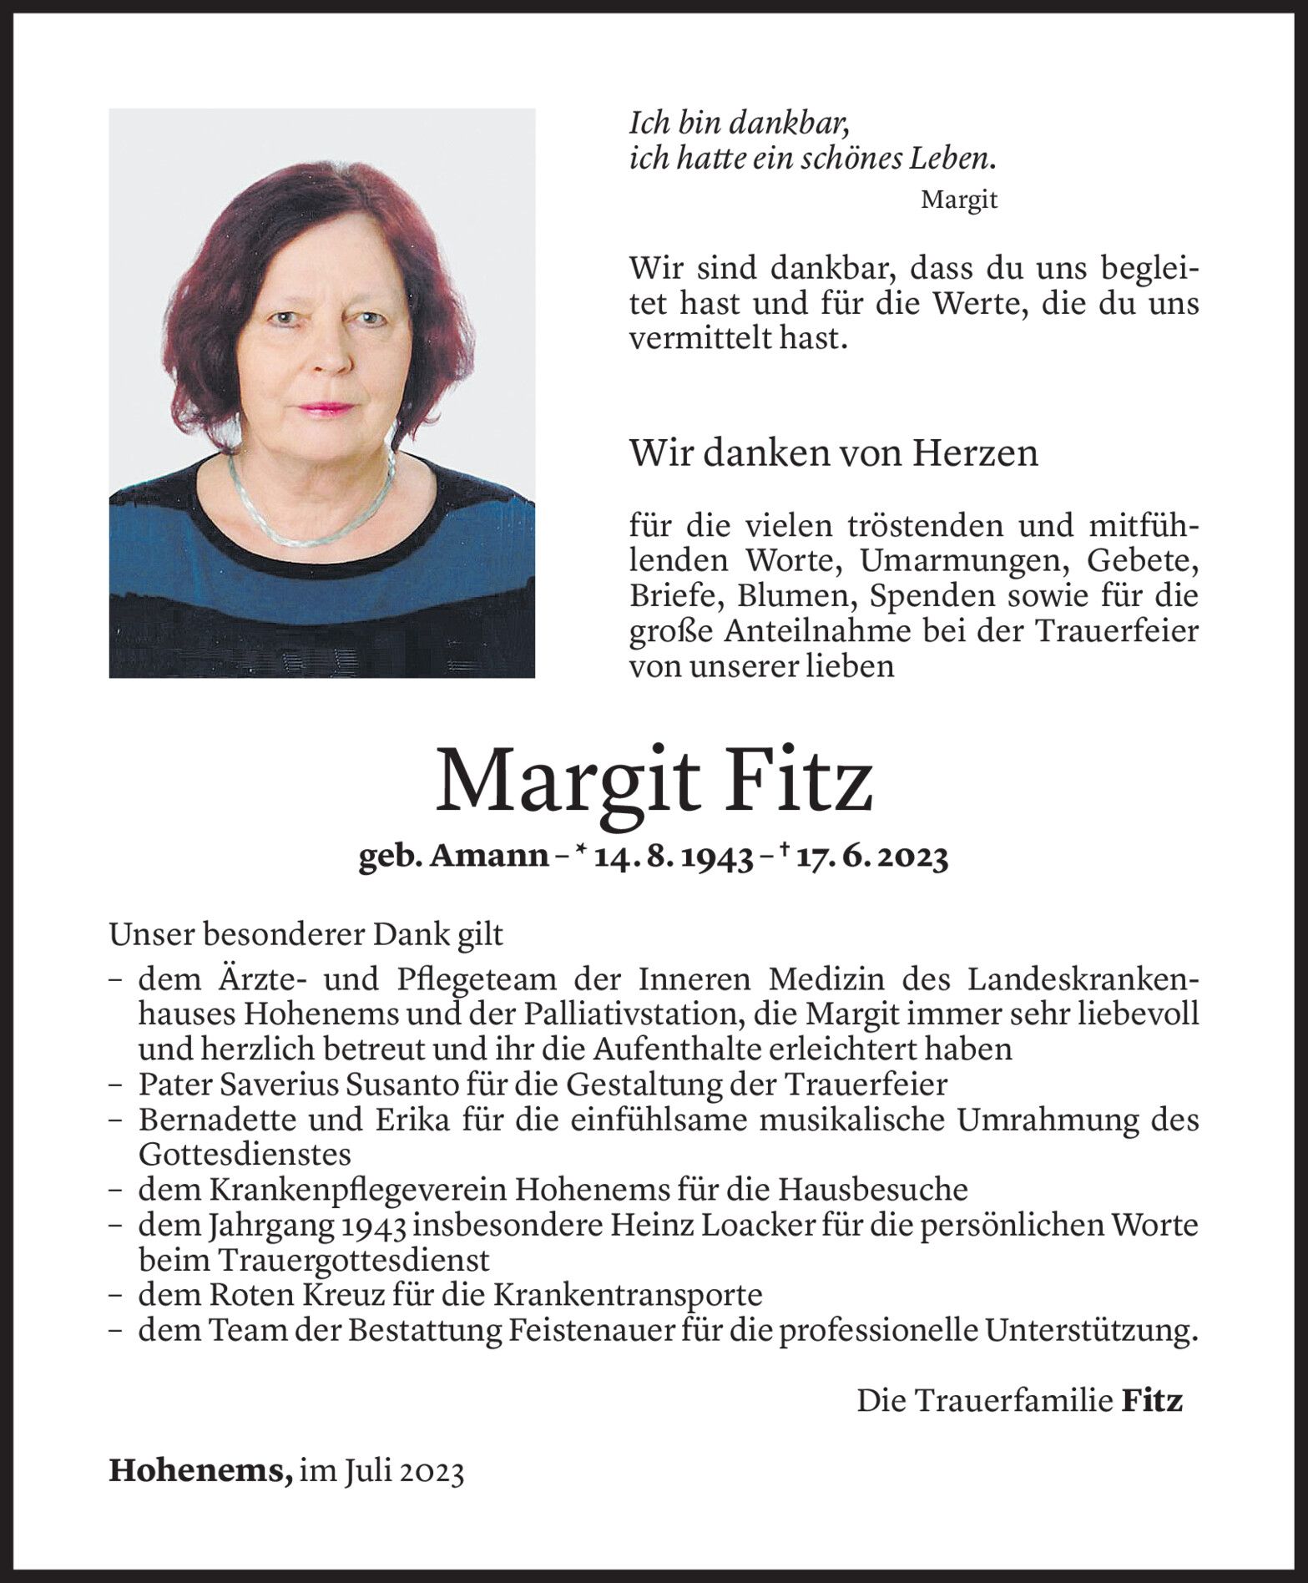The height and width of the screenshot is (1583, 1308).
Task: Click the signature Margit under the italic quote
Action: coord(959,200)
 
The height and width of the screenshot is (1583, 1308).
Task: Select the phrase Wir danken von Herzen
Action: coord(834,453)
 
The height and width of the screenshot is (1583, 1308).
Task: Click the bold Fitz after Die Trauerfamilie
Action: coord(1152,1401)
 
